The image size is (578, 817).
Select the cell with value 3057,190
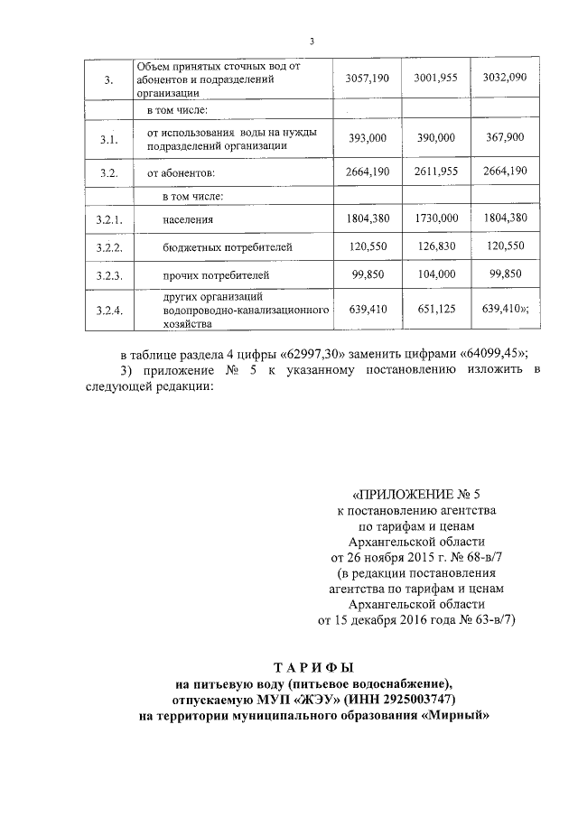[367, 79]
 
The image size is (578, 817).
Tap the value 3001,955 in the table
[436, 79]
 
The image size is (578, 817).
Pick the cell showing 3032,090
[505, 79]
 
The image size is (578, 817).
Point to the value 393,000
[367, 138]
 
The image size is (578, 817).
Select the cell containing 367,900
[505, 138]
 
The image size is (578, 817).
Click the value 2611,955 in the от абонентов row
[436, 171]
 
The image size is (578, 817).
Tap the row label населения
[187, 219]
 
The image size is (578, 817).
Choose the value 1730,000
[436, 218]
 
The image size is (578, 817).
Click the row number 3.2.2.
[109, 246]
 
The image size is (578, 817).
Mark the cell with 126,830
[436, 246]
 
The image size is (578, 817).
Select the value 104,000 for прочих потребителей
[436, 273]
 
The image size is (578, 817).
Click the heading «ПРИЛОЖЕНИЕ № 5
[415, 495]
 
